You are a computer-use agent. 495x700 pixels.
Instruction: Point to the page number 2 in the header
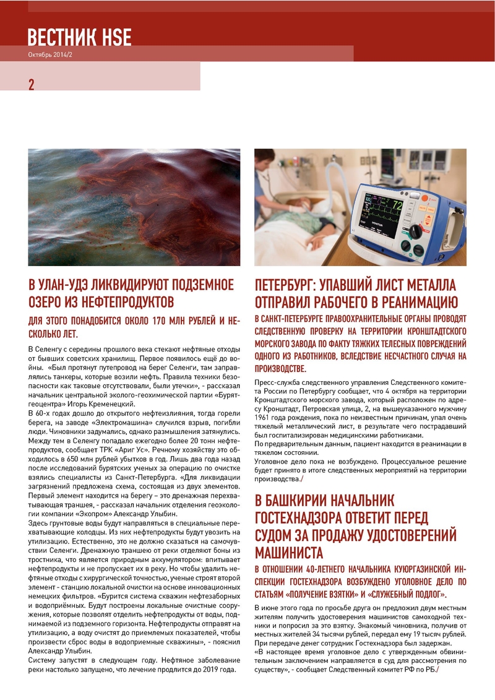tap(32, 85)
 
